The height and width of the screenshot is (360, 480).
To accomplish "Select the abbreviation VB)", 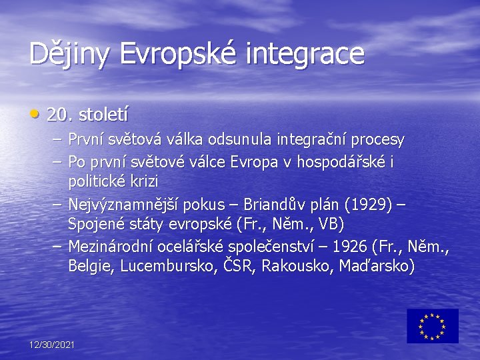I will [x=331, y=223].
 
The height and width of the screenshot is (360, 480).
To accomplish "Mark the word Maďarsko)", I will [x=377, y=266].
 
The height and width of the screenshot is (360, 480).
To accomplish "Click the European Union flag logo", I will [x=433, y=325].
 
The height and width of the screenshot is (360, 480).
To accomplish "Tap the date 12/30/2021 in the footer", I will [x=52, y=344].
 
